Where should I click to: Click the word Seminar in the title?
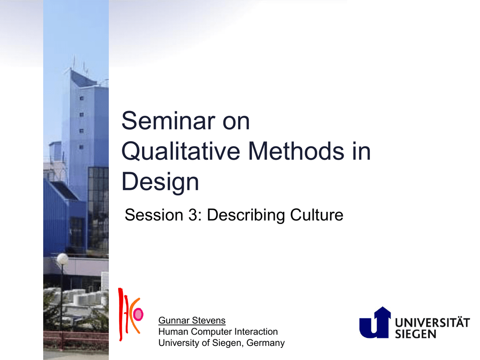pyautogui.click(x=168, y=121)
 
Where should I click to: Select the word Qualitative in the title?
pyautogui.click(x=181, y=151)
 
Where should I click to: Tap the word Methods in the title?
pyautogui.click(x=296, y=151)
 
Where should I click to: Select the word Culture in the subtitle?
pyautogui.click(x=317, y=215)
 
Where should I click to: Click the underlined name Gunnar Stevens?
pyautogui.click(x=192, y=321)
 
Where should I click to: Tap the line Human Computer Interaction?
pyautogui.click(x=218, y=331)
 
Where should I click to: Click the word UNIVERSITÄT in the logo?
pyautogui.click(x=432, y=322)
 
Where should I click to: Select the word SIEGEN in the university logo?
pyautogui.click(x=415, y=334)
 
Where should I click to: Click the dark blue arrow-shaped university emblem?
pyautogui.click(x=375, y=322)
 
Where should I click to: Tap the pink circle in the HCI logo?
pyautogui.click(x=138, y=315)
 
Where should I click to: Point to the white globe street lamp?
pyautogui.click(x=62, y=259)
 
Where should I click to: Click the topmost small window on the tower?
pyautogui.click(x=82, y=98)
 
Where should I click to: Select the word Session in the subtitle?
pyautogui.click(x=154, y=215)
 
